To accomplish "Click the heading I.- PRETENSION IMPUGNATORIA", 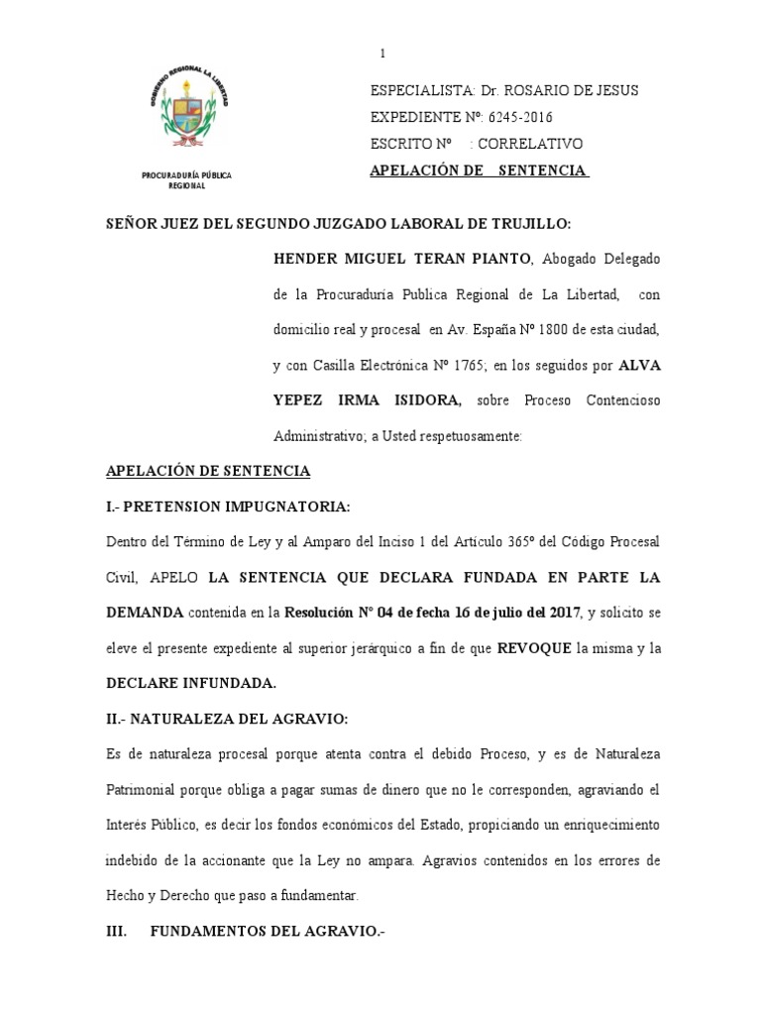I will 229,507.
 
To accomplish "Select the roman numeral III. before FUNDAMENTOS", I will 118,932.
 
